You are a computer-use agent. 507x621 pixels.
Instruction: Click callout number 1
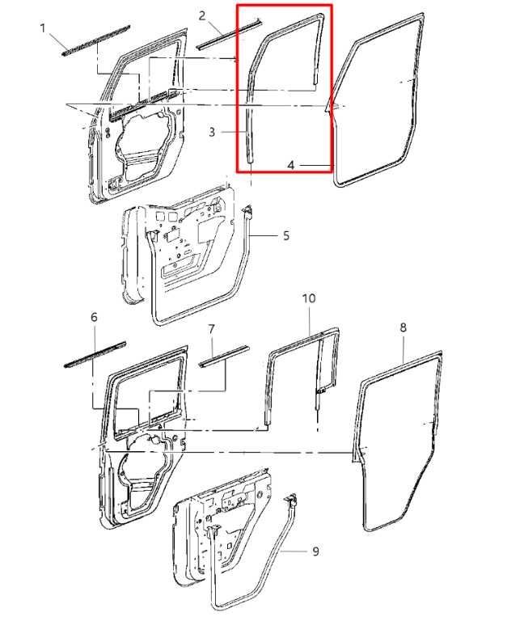(43, 28)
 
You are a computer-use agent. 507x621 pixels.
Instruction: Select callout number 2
(202, 16)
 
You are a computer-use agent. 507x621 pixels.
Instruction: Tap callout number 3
(212, 132)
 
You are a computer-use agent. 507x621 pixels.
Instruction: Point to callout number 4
(291, 165)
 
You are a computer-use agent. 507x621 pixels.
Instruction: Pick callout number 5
(286, 235)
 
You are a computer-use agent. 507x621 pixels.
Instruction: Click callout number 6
(94, 317)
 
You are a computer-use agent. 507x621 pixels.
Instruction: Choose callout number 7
(211, 329)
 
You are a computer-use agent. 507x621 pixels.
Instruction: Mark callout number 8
(403, 327)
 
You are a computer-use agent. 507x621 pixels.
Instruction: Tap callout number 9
(315, 551)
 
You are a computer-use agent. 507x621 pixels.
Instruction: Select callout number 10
(309, 298)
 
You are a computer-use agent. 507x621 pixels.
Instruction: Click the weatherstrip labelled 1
(96, 40)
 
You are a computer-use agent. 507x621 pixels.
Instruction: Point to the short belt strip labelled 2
(229, 33)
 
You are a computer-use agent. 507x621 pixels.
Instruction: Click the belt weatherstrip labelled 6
(95, 354)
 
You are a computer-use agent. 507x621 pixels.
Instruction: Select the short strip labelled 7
(225, 357)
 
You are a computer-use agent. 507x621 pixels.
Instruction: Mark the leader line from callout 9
(294, 551)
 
